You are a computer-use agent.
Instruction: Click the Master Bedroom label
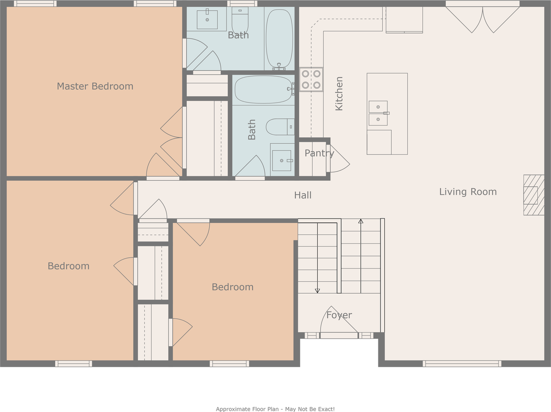point(95,86)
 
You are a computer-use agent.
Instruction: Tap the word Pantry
point(319,153)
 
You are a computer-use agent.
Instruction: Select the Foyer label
point(339,315)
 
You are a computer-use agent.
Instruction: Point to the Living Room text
point(468,192)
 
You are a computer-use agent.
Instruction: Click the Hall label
point(303,195)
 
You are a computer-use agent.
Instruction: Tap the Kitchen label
point(339,93)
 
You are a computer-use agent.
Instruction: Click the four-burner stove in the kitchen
point(311,80)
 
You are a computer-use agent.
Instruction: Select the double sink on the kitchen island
point(378,113)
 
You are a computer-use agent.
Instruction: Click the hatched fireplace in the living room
point(534,195)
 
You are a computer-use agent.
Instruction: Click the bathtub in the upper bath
point(279,39)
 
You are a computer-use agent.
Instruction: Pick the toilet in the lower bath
point(280,127)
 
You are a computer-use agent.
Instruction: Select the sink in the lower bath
point(282,160)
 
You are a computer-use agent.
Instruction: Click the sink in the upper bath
point(207,19)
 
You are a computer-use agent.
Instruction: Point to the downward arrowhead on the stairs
point(317,291)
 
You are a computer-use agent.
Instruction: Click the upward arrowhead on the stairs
point(361,221)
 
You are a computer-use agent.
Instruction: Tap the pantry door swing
point(339,159)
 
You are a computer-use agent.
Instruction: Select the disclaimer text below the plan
point(275,409)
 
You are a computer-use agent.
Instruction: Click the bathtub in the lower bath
point(264,89)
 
